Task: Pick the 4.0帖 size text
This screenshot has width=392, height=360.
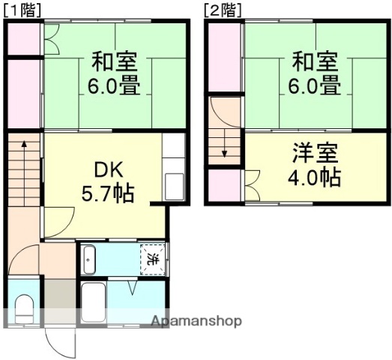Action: pyautogui.click(x=315, y=178)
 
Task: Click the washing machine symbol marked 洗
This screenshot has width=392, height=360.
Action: pyautogui.click(x=152, y=259)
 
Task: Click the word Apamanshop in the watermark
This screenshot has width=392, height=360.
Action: pyautogui.click(x=196, y=321)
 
